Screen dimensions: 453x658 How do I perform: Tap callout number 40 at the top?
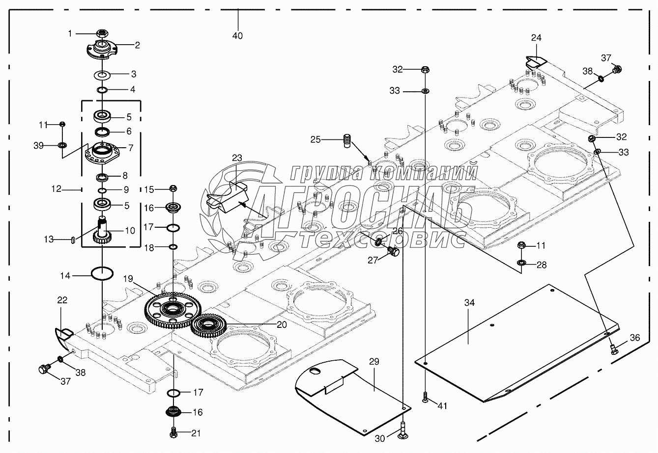click(238, 36)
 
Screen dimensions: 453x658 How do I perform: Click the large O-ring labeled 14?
click(102, 273)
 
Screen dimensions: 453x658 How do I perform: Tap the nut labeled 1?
click(102, 33)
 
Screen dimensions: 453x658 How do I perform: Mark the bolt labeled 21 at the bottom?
click(173, 432)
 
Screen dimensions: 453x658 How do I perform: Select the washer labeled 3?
click(102, 75)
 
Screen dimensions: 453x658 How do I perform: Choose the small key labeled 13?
click(73, 240)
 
